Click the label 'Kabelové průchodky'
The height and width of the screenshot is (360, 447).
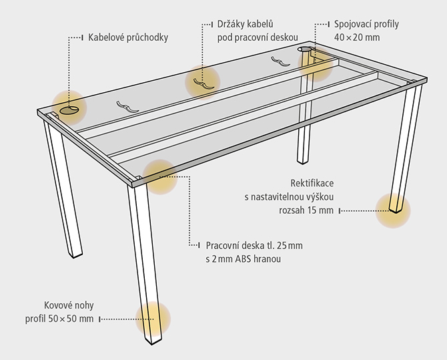point(128,37)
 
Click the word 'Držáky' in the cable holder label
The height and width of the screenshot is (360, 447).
point(230,24)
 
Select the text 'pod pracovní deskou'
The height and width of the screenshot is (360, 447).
point(258,37)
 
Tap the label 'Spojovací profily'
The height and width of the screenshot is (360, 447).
point(366,24)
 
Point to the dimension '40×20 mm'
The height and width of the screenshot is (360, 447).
point(357,37)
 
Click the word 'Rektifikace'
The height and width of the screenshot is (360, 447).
point(312,183)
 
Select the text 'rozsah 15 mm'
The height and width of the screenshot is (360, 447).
point(306,210)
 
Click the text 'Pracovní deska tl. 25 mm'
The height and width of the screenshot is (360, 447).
point(254,246)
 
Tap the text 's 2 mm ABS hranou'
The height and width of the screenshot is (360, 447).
point(243,259)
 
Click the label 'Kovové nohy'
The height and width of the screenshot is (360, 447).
point(69,305)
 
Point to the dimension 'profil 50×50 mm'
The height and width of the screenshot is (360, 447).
point(59,319)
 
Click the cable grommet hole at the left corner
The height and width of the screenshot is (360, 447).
point(69,110)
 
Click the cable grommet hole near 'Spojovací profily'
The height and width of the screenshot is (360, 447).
point(304,49)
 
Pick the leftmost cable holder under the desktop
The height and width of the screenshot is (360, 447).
point(127,106)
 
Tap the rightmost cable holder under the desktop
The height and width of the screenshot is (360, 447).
point(280,61)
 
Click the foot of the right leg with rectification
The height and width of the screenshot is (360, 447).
point(396,209)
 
